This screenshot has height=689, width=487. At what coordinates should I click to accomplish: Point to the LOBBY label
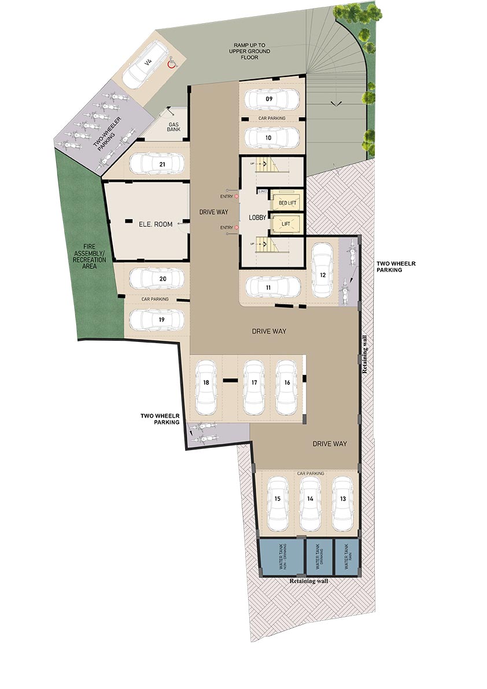(257, 218)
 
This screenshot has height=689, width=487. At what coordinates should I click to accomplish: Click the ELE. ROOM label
(155, 224)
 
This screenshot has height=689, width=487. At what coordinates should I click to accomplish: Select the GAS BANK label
(174, 127)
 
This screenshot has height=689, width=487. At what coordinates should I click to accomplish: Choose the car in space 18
(206, 388)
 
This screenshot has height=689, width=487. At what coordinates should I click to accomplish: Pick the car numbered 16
(286, 388)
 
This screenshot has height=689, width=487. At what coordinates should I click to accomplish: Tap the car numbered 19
(156, 319)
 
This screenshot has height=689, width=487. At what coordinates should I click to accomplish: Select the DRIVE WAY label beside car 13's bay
(330, 444)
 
